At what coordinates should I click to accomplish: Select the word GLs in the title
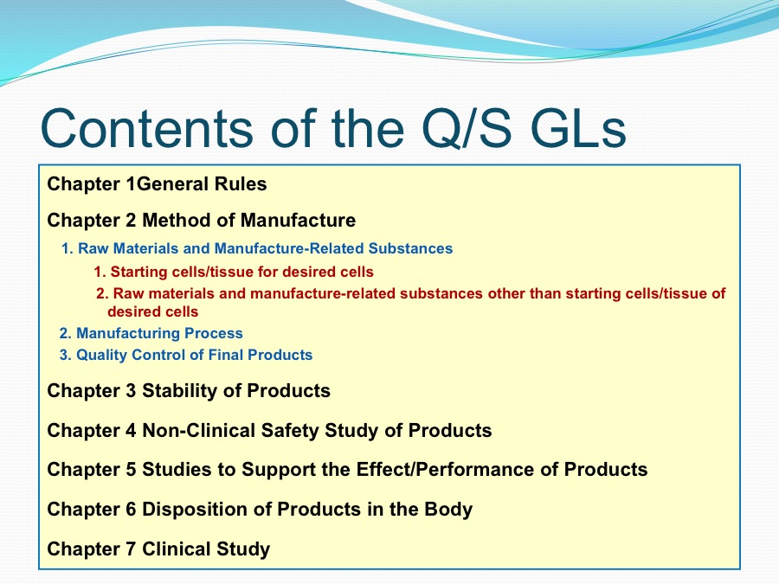(578, 128)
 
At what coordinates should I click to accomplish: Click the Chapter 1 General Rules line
(157, 183)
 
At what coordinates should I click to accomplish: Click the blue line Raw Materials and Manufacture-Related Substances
(257, 248)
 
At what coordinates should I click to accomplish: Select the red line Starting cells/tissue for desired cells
(234, 272)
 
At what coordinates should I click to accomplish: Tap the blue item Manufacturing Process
(151, 333)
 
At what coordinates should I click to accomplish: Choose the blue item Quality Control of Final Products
(186, 355)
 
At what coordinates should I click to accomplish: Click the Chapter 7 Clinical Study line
(158, 549)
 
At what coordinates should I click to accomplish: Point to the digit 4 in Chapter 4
(131, 430)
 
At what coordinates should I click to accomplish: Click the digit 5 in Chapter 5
(131, 469)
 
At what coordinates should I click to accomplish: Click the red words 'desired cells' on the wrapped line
(153, 311)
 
